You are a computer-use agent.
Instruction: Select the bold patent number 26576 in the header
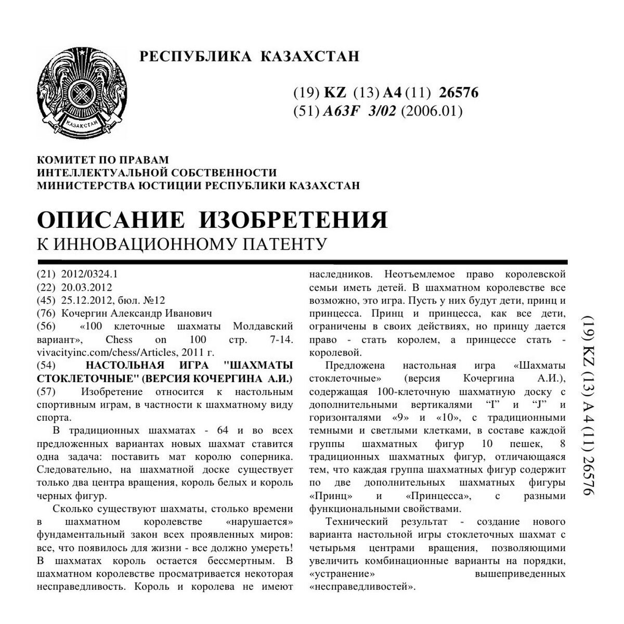(x=459, y=93)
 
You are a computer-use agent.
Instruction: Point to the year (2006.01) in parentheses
(x=432, y=111)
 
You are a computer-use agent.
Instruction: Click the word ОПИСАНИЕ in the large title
(x=111, y=219)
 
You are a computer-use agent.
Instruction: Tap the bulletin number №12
(x=154, y=300)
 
